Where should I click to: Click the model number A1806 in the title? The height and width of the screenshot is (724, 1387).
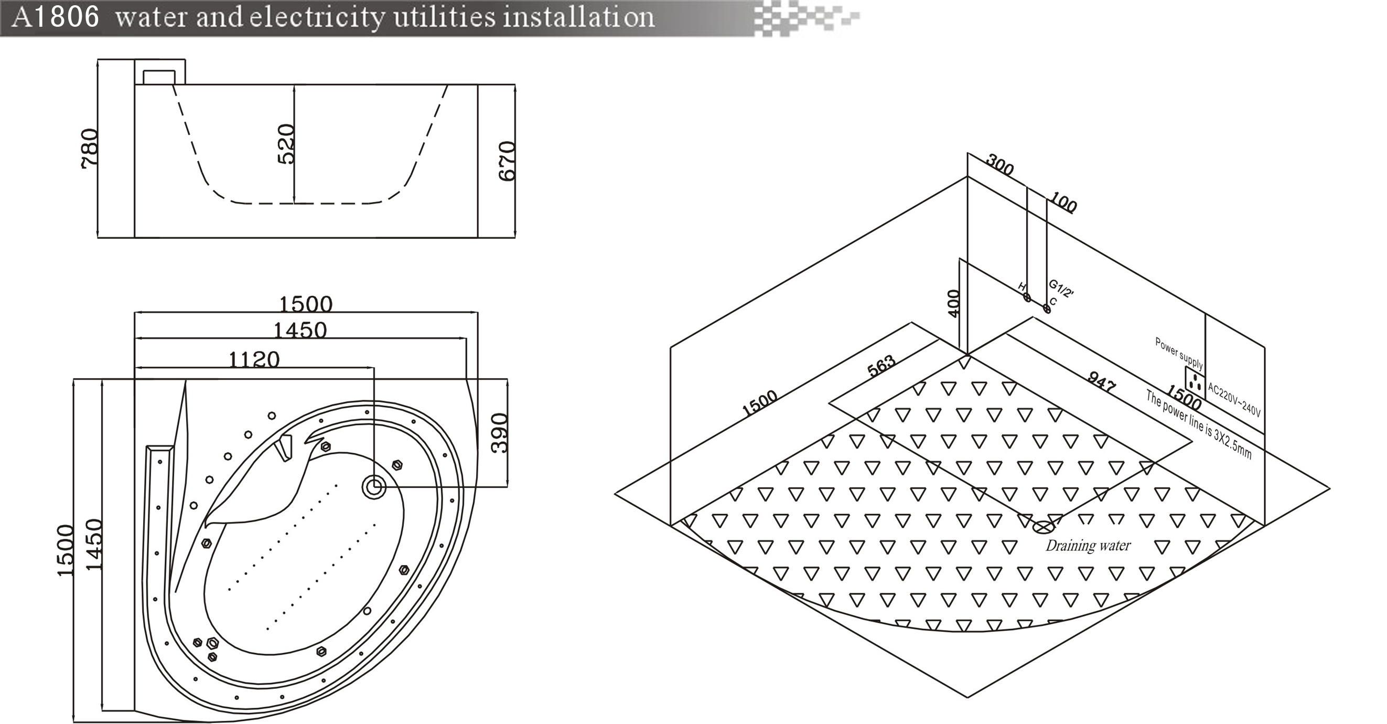click(56, 17)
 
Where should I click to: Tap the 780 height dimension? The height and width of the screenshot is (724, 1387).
click(89, 148)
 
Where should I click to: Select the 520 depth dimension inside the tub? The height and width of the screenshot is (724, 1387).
click(286, 144)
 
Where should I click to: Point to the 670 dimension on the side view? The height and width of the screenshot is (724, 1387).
click(507, 161)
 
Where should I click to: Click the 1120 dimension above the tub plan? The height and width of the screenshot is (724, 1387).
click(254, 359)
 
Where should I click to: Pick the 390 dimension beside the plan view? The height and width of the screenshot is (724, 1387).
click(500, 433)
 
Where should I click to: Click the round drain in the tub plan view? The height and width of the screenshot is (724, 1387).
click(373, 487)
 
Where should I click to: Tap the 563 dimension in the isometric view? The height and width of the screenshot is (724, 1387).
click(881, 366)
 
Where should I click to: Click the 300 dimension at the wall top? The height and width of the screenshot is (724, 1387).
click(1000, 165)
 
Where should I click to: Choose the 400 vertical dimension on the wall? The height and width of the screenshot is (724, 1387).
click(953, 303)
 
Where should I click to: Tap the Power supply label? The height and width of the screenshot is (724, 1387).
click(1179, 354)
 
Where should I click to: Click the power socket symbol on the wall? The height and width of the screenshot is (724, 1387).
click(1195, 383)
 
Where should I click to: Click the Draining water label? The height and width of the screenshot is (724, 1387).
click(1088, 546)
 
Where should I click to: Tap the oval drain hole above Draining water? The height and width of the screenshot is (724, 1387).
click(1044, 527)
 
